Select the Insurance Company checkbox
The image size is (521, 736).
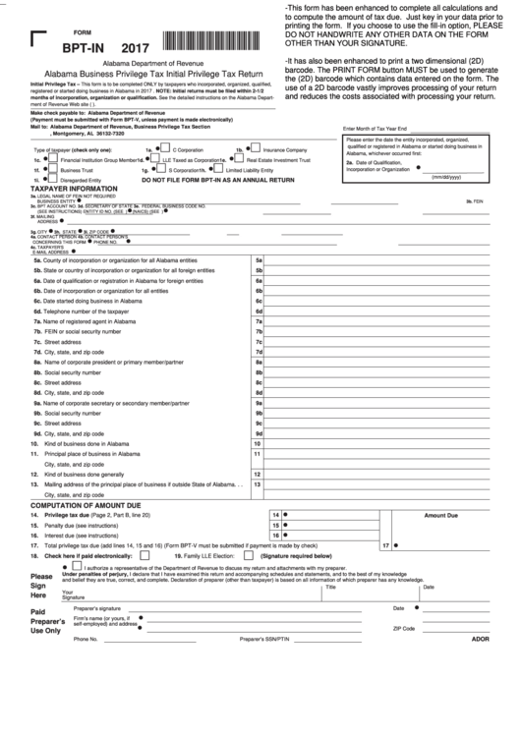point(255,149)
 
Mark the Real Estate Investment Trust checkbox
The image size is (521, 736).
point(238,159)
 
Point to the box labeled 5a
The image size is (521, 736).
point(258,259)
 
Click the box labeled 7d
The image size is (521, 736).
point(258,352)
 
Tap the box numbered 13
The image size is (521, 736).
point(258,483)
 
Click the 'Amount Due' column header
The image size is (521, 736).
point(440,514)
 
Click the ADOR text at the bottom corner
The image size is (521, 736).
point(479,639)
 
